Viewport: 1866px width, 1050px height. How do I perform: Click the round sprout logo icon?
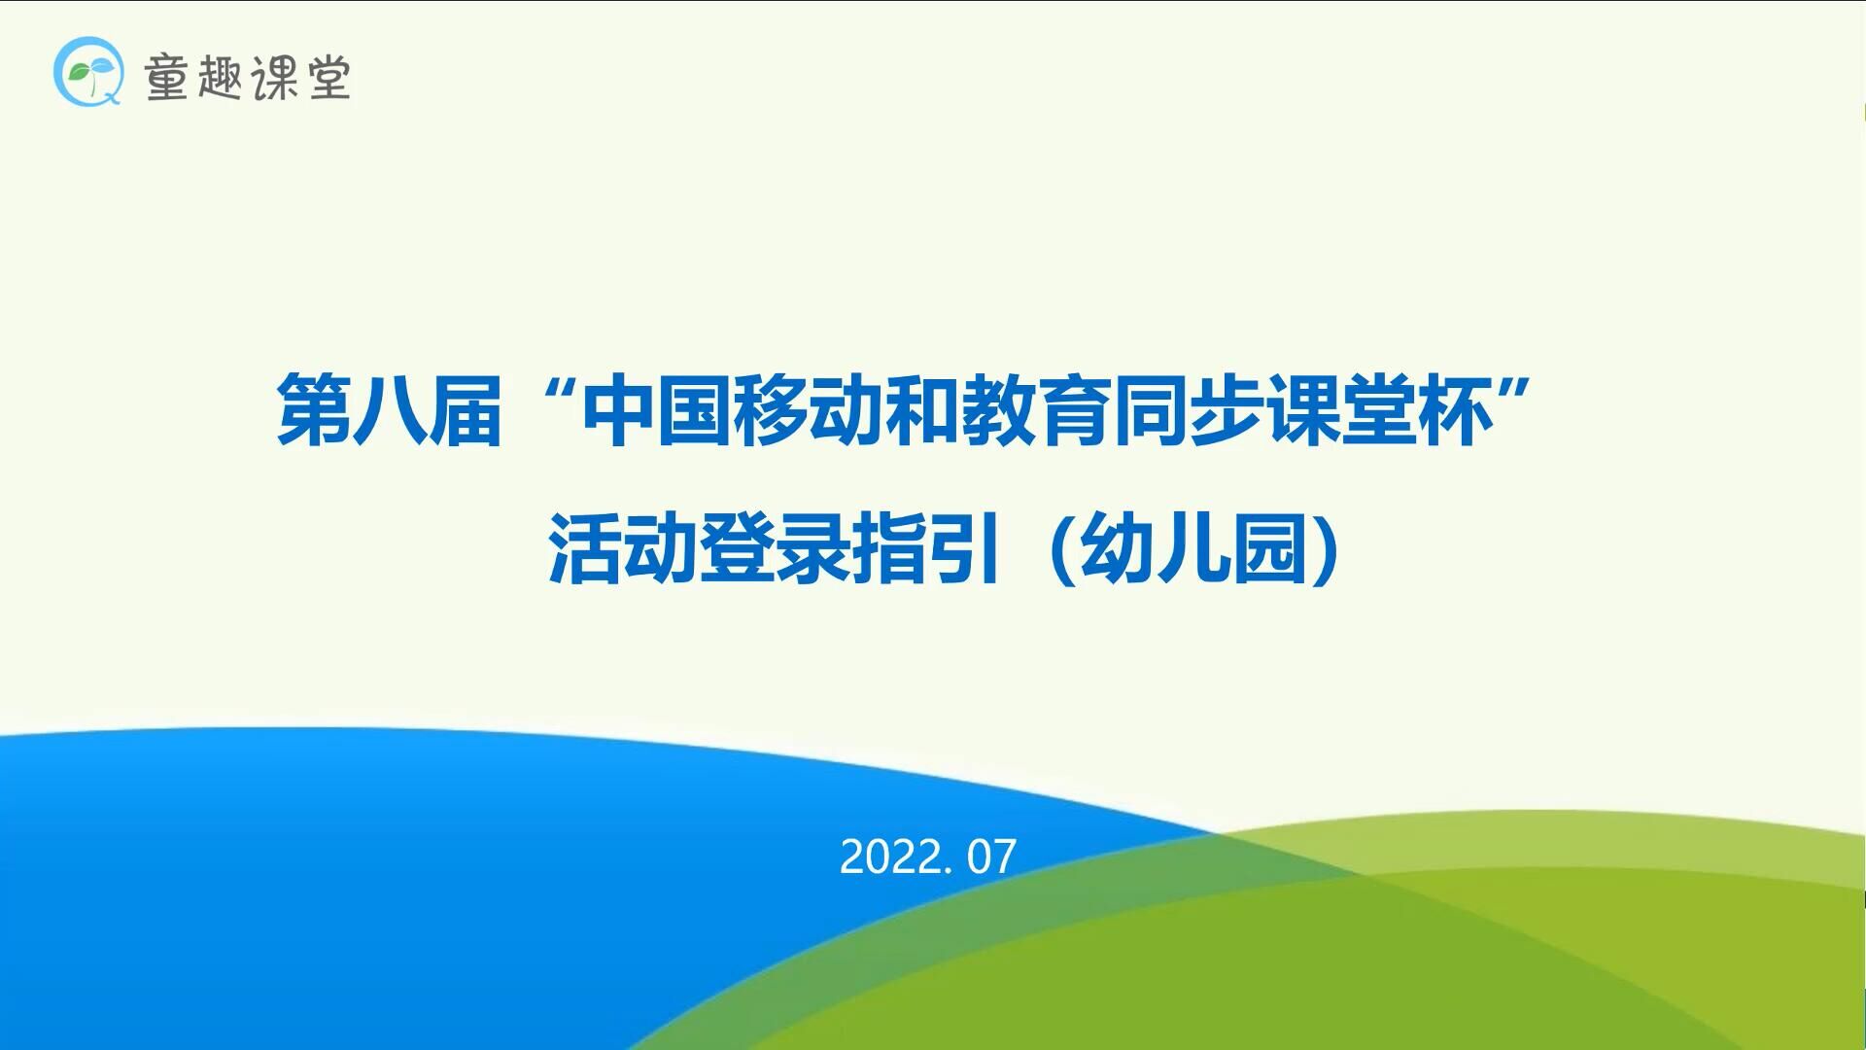(x=88, y=71)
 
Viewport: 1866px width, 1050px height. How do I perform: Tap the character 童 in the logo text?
(x=166, y=77)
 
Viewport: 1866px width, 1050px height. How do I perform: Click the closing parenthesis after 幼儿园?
(x=1326, y=549)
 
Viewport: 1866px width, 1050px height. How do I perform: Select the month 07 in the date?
(x=991, y=857)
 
